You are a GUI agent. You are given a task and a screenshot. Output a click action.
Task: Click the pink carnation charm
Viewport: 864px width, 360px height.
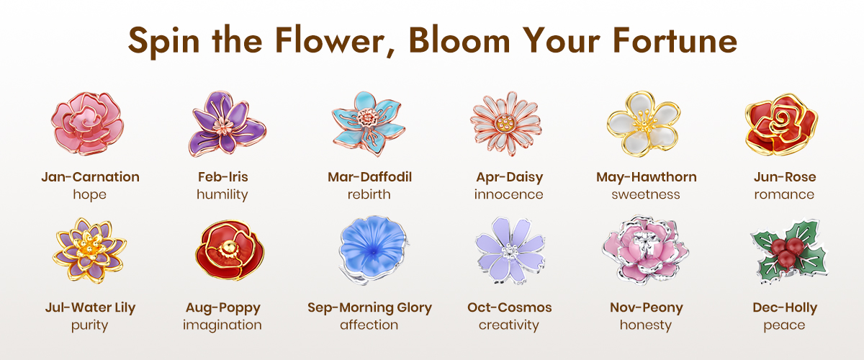(x=88, y=123)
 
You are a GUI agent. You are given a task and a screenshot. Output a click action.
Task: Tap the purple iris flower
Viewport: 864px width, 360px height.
(x=227, y=124)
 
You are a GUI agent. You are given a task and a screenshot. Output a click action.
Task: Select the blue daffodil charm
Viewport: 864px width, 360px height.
(x=369, y=123)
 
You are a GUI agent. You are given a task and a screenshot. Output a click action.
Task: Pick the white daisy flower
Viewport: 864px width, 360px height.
(x=506, y=123)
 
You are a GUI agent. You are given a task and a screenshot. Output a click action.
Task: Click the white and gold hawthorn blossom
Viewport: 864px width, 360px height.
(x=644, y=124)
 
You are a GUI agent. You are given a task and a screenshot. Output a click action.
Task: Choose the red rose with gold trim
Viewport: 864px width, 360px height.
(x=781, y=125)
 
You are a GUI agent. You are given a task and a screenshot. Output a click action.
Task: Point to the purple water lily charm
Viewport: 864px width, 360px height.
(x=89, y=251)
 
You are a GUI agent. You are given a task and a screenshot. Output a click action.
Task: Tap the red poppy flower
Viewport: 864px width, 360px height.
(x=230, y=250)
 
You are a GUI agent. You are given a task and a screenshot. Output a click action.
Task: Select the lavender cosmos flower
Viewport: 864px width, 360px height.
(x=510, y=251)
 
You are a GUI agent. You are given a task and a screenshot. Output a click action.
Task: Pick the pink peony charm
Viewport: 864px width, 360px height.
(x=645, y=250)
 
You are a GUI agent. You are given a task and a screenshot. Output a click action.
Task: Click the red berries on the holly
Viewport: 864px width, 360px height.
(x=786, y=251)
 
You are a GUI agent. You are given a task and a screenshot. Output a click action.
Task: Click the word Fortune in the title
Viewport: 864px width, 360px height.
(x=675, y=40)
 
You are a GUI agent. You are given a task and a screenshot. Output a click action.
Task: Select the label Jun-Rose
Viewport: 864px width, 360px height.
(x=785, y=176)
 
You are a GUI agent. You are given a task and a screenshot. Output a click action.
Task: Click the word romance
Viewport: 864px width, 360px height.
(x=784, y=194)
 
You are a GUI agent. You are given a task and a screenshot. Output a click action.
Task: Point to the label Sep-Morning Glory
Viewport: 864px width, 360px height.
(x=369, y=307)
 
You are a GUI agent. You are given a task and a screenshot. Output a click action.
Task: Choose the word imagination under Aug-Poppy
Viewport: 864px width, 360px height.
(x=222, y=325)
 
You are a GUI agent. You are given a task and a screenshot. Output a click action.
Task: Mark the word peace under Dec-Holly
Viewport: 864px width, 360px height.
(x=784, y=326)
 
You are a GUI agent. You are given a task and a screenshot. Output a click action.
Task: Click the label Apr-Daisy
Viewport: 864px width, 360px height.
(x=510, y=177)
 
